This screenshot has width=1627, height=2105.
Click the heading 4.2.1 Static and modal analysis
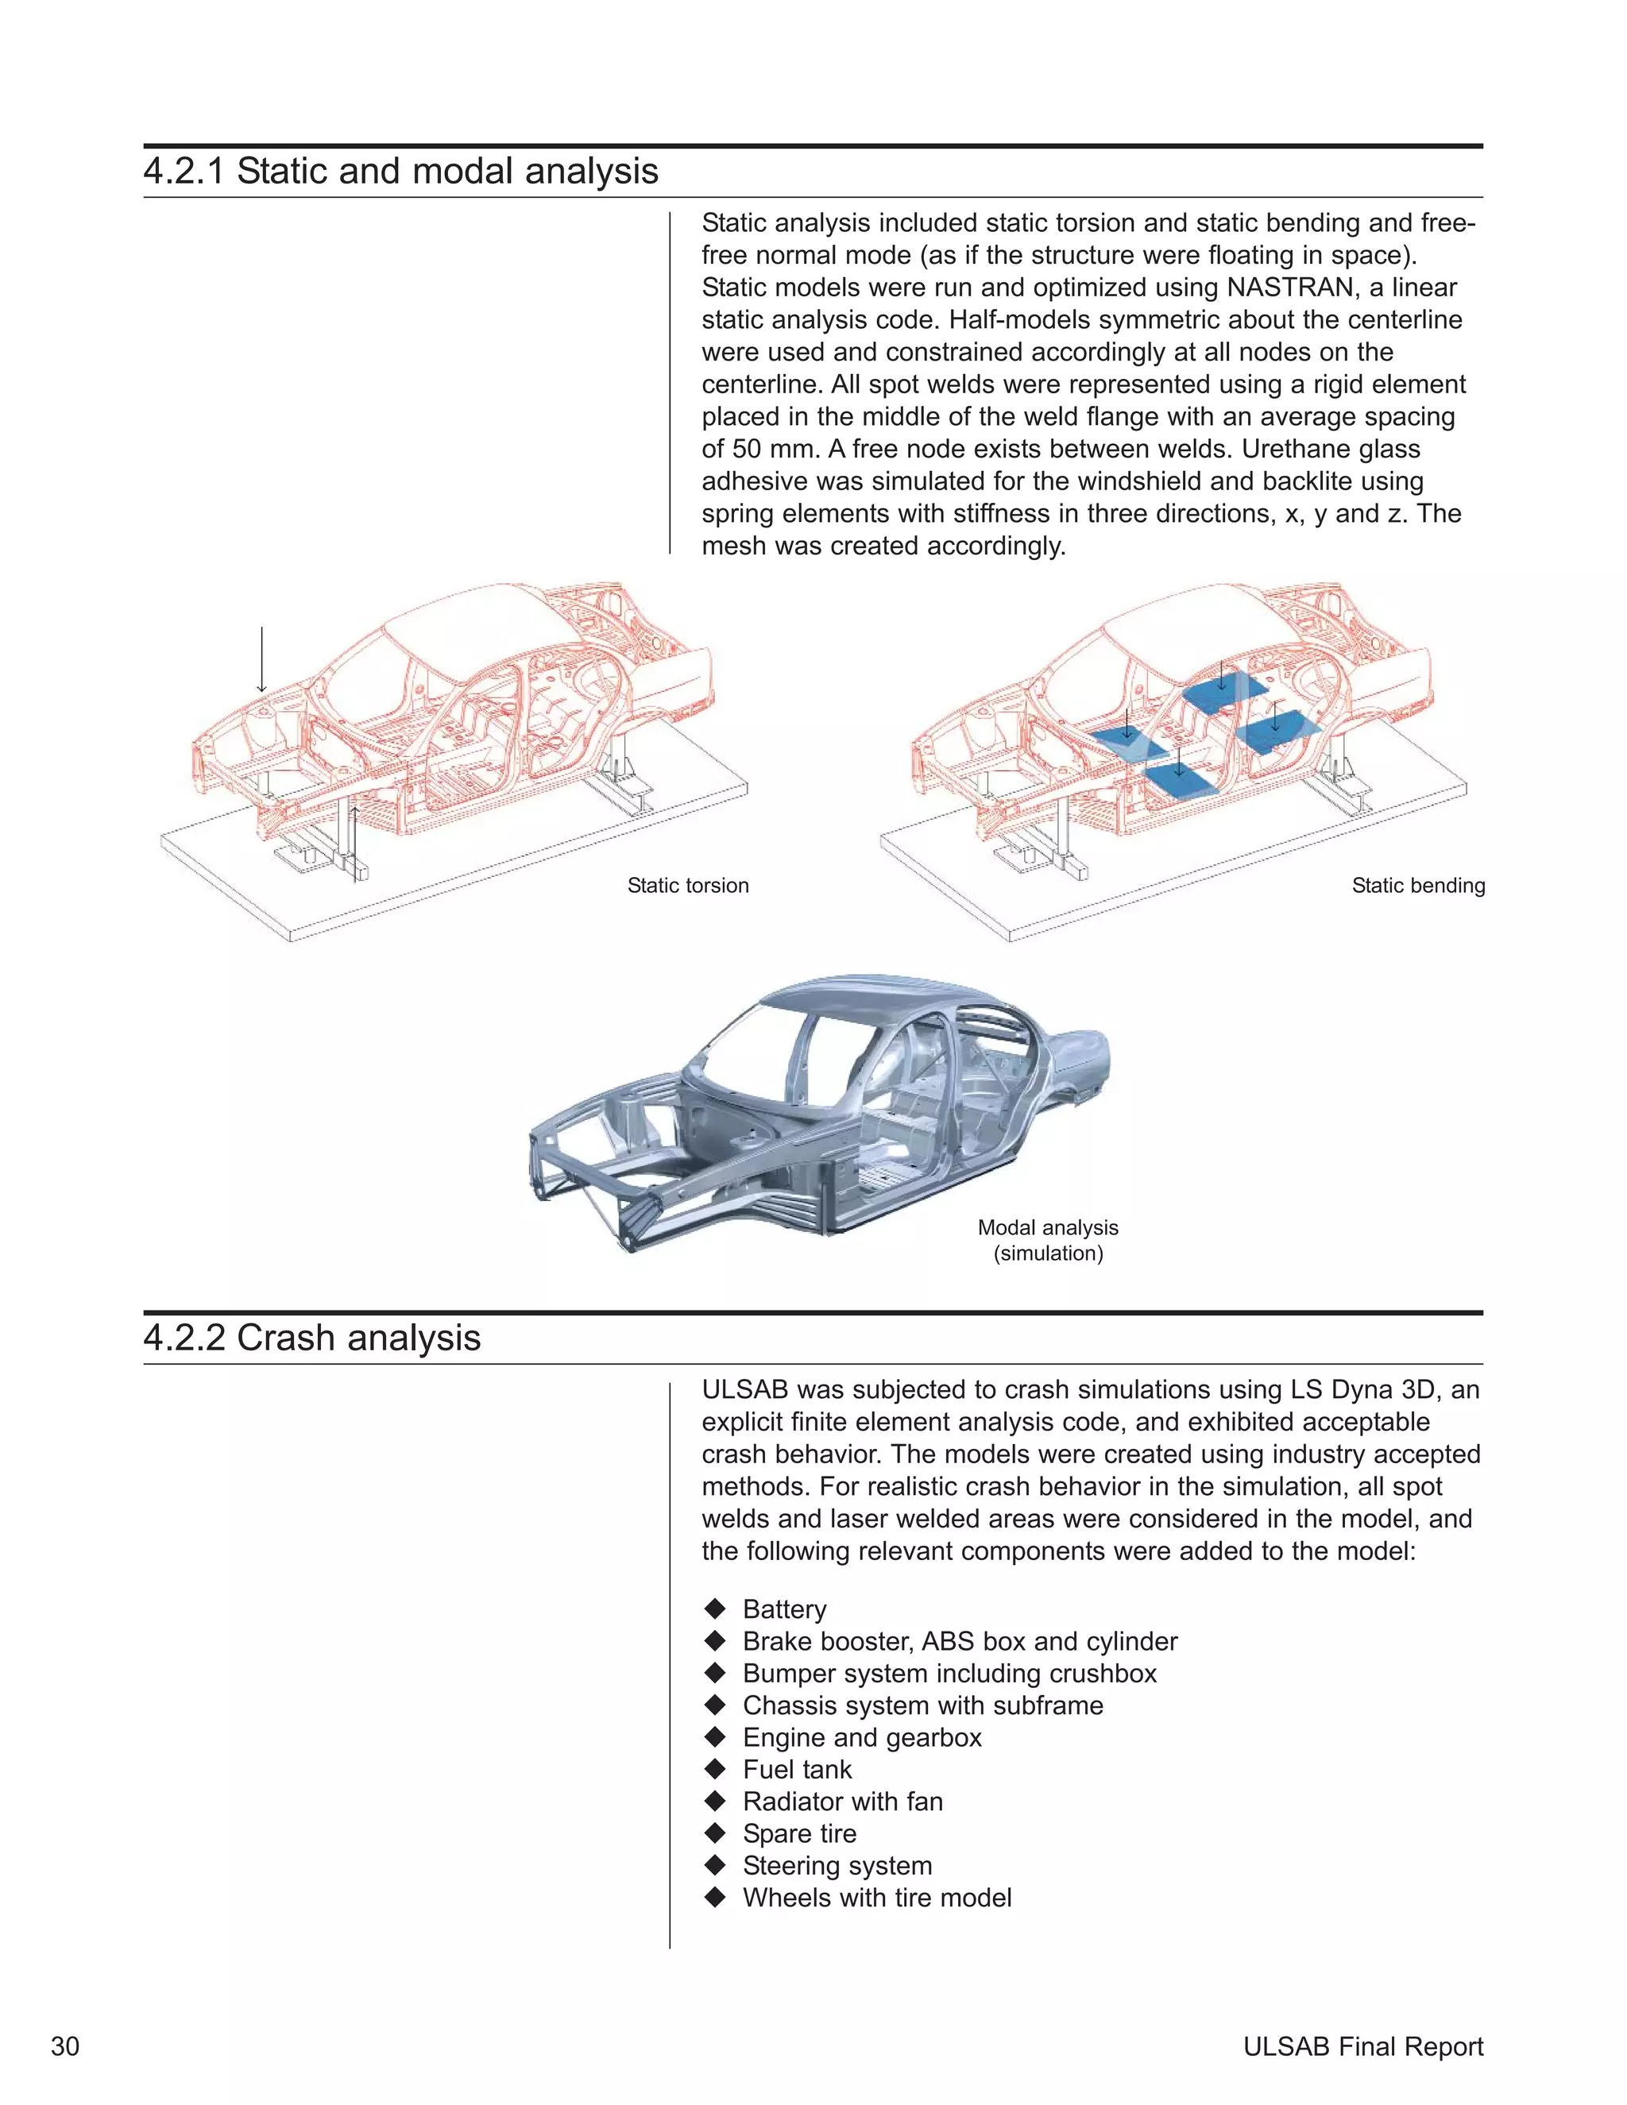(x=400, y=172)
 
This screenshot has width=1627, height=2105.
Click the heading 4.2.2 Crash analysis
(x=311, y=1338)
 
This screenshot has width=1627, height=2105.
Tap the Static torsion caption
(x=687, y=886)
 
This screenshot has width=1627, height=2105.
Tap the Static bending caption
(x=1417, y=886)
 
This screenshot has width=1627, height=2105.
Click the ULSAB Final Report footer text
(x=1362, y=2046)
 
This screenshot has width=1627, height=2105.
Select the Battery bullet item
(x=783, y=1609)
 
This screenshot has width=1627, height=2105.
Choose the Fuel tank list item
(x=796, y=1770)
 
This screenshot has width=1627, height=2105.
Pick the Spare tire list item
(x=798, y=1833)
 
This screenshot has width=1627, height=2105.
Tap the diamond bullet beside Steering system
(x=714, y=1865)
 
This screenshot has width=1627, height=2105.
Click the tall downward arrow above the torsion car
(x=261, y=659)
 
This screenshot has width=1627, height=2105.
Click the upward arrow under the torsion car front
(x=354, y=839)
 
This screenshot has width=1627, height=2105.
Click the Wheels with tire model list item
(x=876, y=1898)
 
